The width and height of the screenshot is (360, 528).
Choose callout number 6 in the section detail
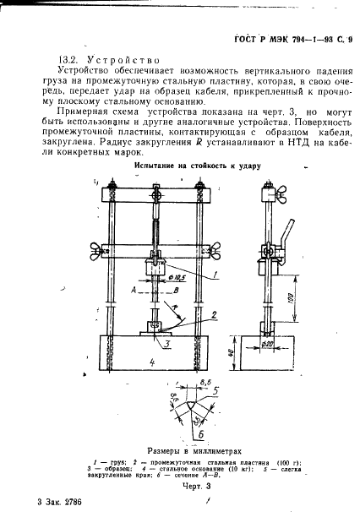point(174,394)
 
